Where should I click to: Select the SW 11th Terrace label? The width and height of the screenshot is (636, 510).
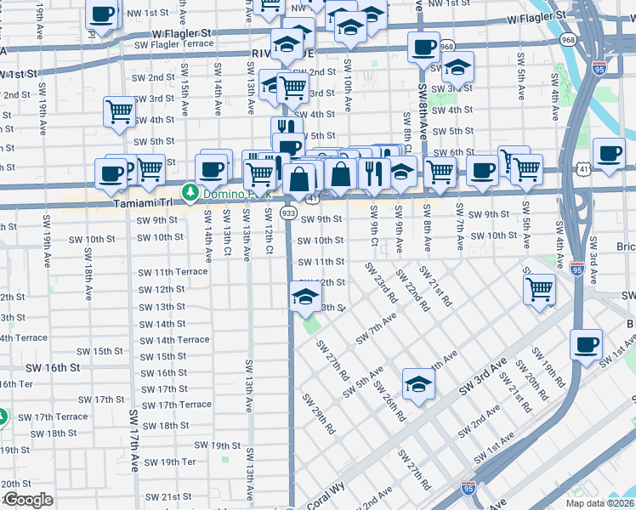[173, 272]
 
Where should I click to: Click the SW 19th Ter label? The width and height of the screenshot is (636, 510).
[169, 462]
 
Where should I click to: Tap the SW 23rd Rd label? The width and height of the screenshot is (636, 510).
[381, 283]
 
